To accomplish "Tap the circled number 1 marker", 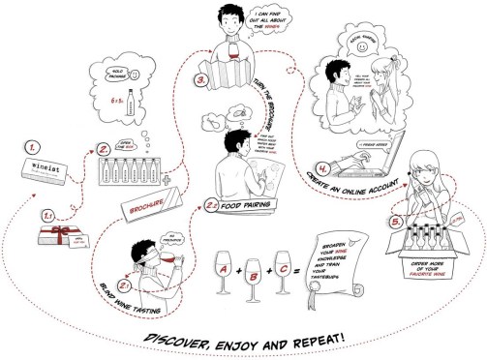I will tap(33, 148).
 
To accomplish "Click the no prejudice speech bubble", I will tap(173, 238).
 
